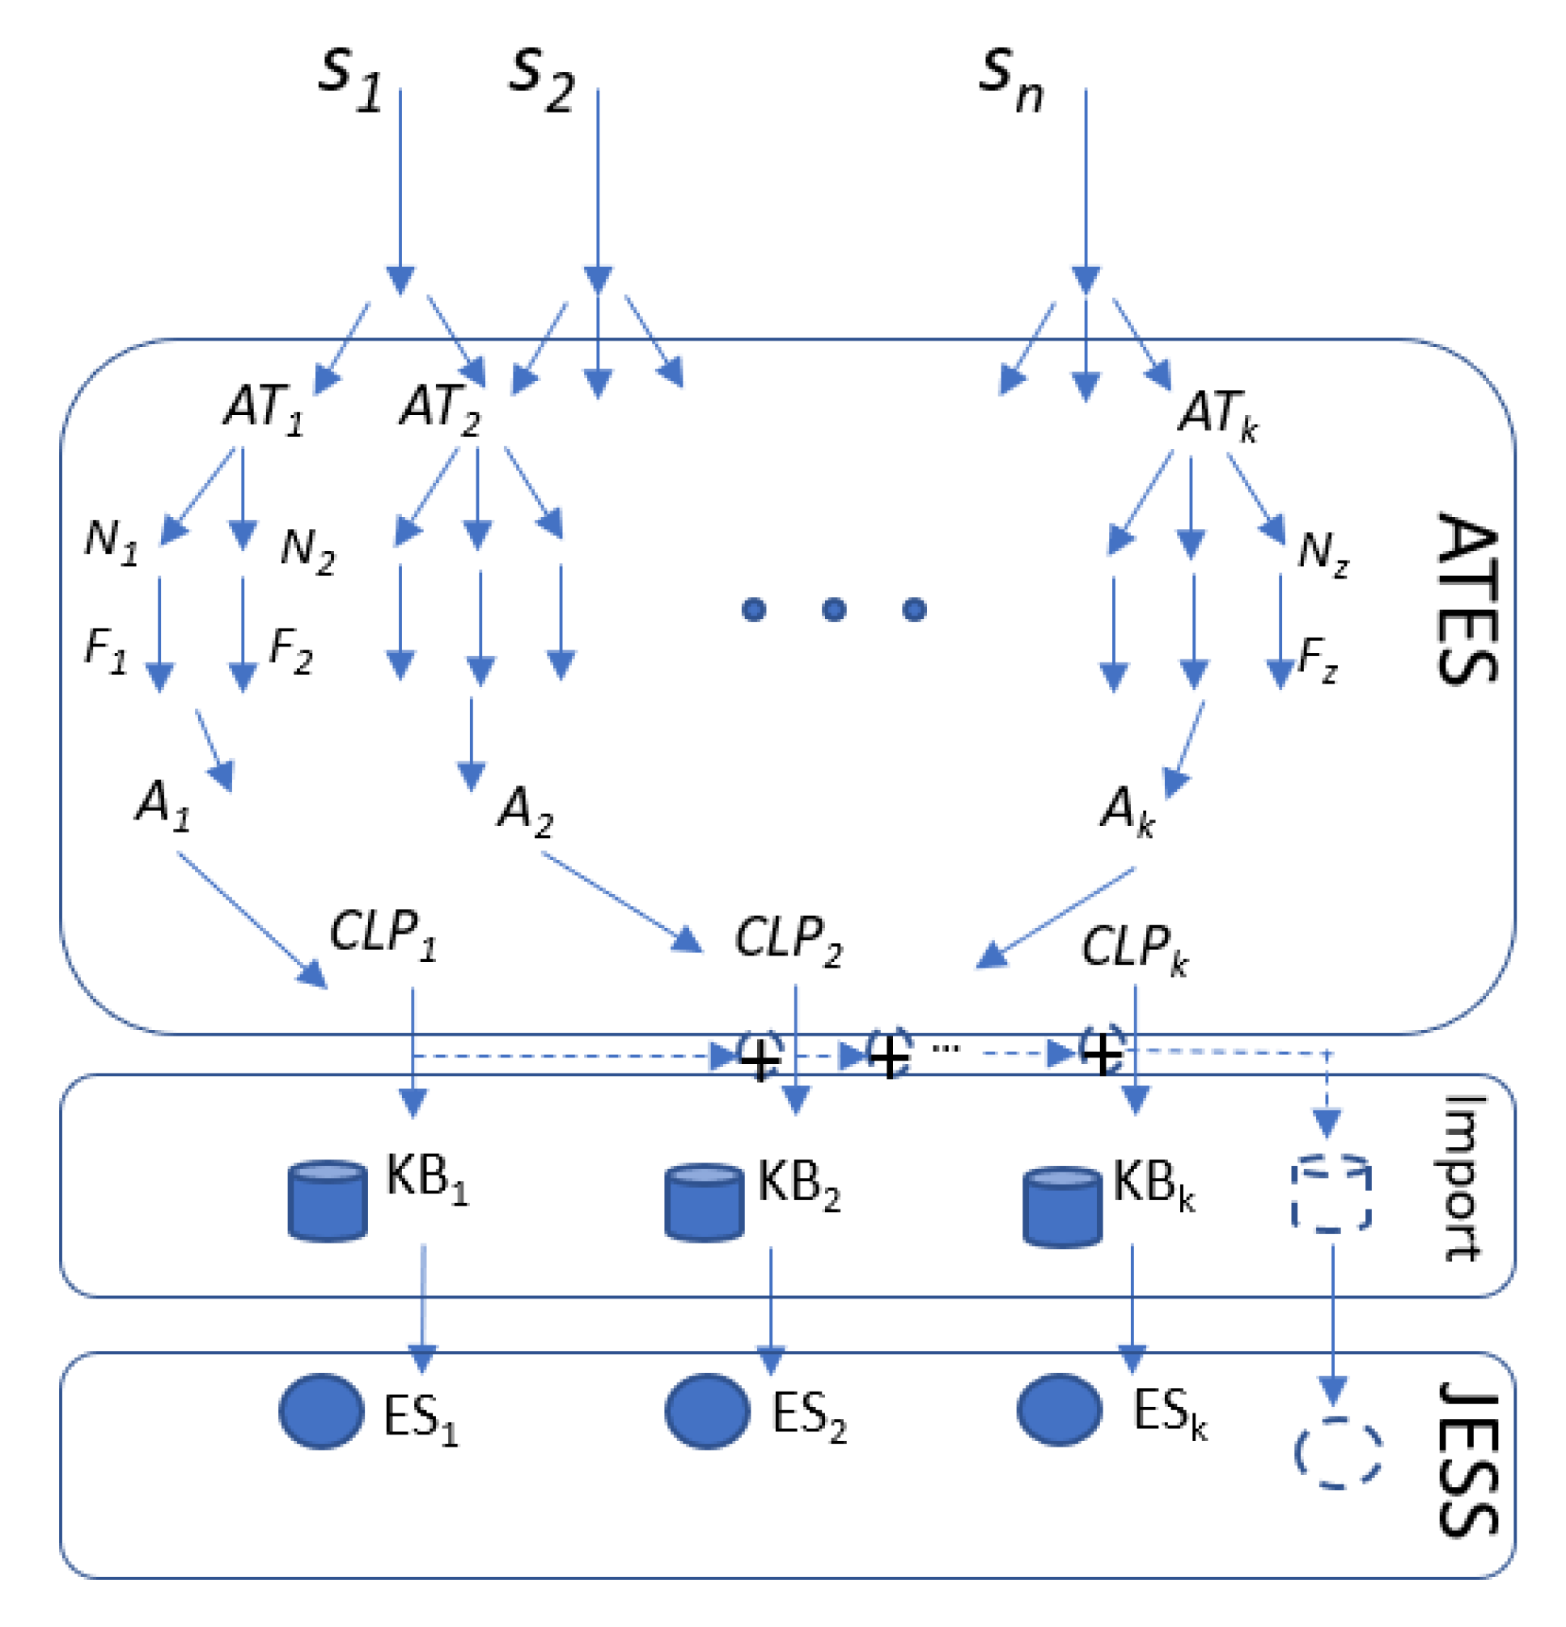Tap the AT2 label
click(440, 409)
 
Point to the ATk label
click(1217, 413)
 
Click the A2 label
click(524, 810)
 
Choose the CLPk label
click(1133, 949)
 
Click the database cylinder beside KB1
click(327, 1201)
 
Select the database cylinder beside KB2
click(704, 1203)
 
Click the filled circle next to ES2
click(707, 1411)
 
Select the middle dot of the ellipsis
click(833, 610)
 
